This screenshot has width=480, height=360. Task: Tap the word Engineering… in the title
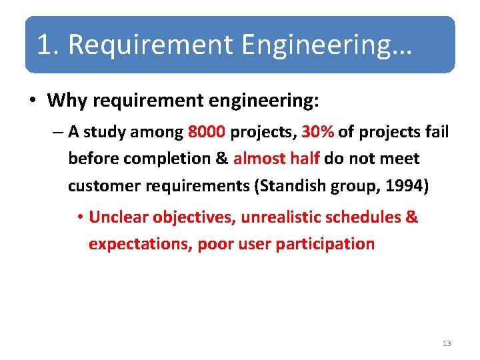click(327, 45)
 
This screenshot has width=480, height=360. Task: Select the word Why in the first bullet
click(67, 101)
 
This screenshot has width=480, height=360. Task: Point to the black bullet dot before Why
click(33, 101)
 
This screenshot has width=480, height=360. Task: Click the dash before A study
click(57, 132)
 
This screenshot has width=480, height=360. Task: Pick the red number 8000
click(207, 132)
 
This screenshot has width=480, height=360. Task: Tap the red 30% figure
click(317, 132)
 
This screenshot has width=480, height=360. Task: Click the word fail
click(437, 132)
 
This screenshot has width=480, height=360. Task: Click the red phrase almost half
click(277, 159)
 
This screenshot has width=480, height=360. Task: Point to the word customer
click(105, 185)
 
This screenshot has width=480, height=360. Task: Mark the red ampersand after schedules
click(411, 217)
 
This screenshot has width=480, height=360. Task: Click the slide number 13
click(446, 343)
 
